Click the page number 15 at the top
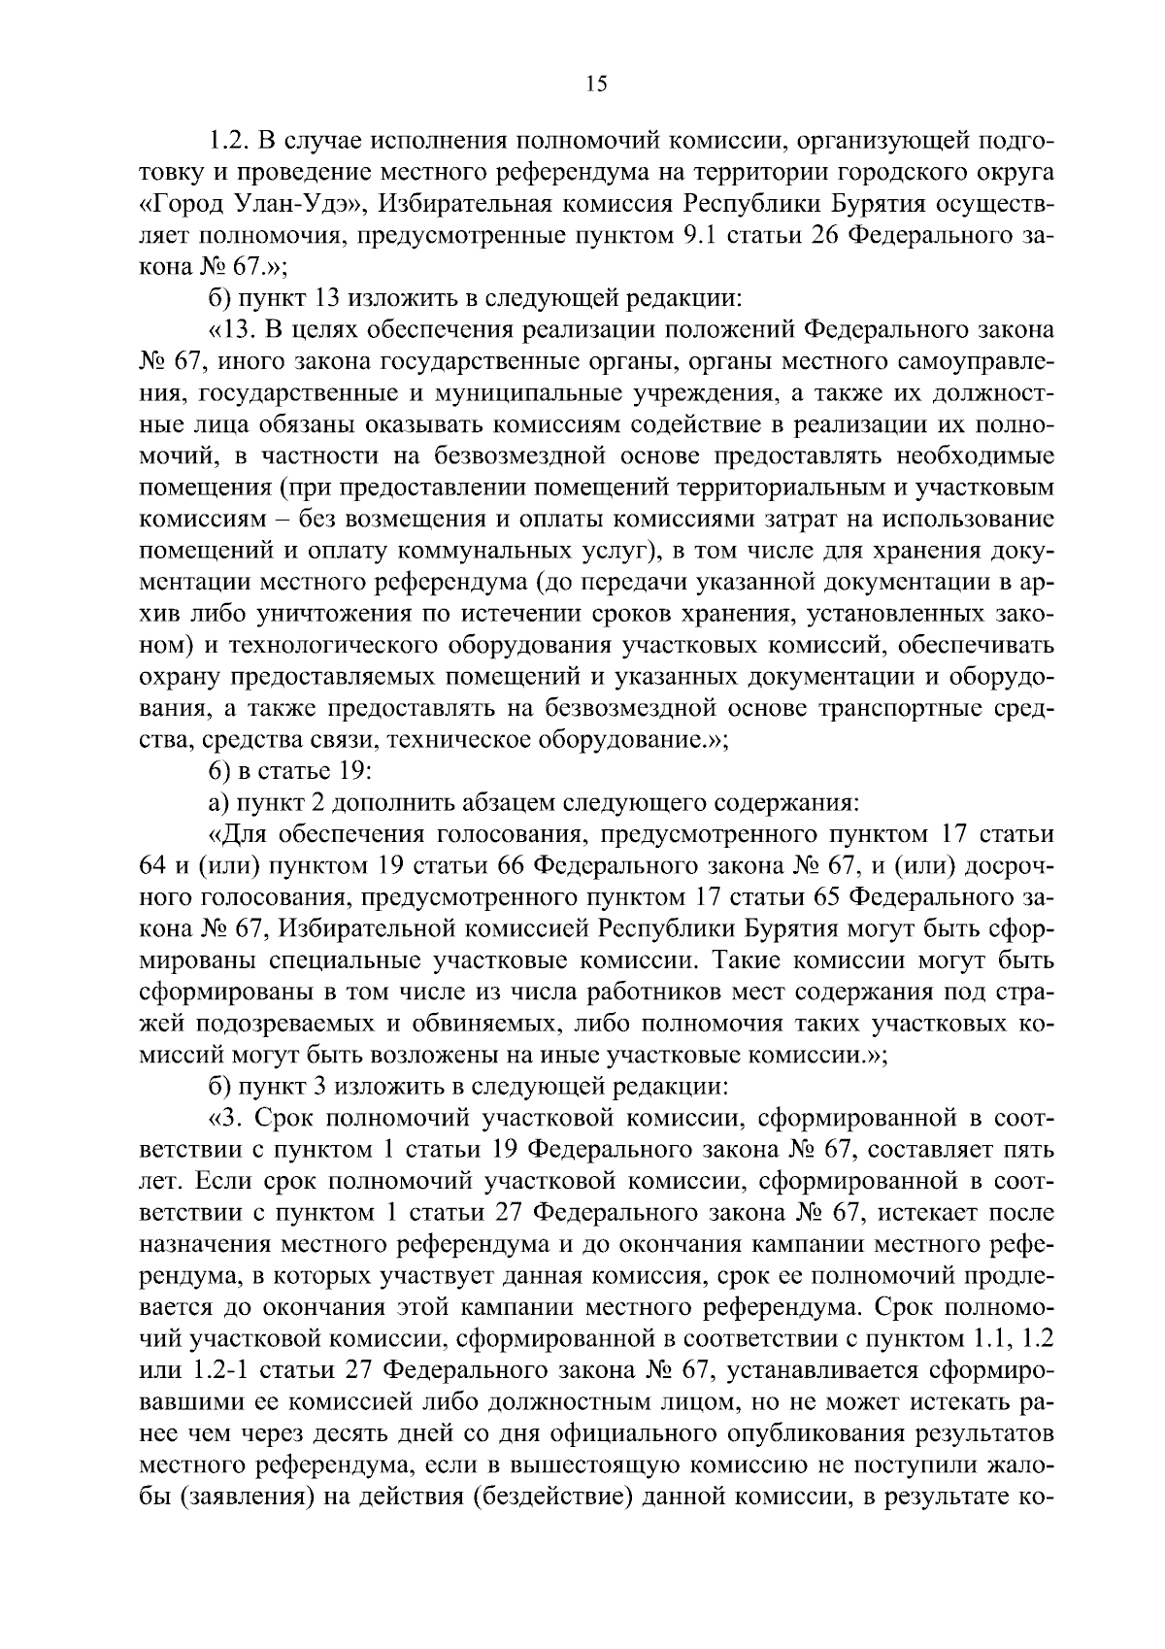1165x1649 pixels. click(x=596, y=84)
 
